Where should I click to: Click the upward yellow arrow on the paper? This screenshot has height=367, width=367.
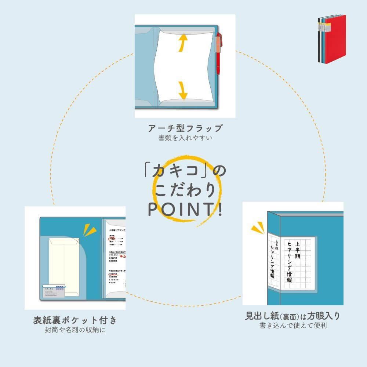tap(181, 43)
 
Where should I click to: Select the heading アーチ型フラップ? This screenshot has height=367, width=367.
tap(185, 128)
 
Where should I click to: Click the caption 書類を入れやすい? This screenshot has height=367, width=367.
tap(185, 138)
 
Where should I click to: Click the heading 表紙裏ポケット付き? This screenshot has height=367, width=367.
tap(75, 320)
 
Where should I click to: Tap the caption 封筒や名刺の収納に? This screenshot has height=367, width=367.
tap(75, 330)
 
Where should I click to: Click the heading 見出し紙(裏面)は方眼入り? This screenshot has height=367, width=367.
tap(293, 316)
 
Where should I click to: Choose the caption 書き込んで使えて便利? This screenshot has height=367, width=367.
tap(293, 326)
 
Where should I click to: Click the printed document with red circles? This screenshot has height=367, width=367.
tap(116, 257)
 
